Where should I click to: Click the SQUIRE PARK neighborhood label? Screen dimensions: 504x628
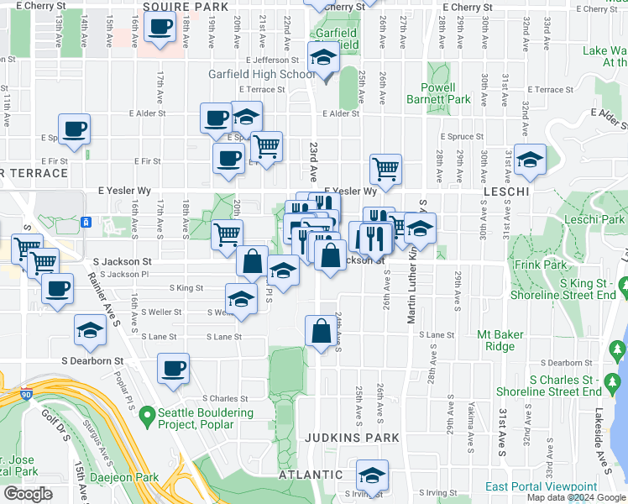186,7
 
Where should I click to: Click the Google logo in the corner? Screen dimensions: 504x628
28,494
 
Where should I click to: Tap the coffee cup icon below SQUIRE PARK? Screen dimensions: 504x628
159,26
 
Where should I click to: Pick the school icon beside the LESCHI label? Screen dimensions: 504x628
530,159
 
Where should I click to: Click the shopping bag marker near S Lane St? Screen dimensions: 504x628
321,332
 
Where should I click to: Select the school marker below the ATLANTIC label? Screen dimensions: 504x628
371,475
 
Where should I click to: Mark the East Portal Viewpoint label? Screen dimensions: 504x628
552,486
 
